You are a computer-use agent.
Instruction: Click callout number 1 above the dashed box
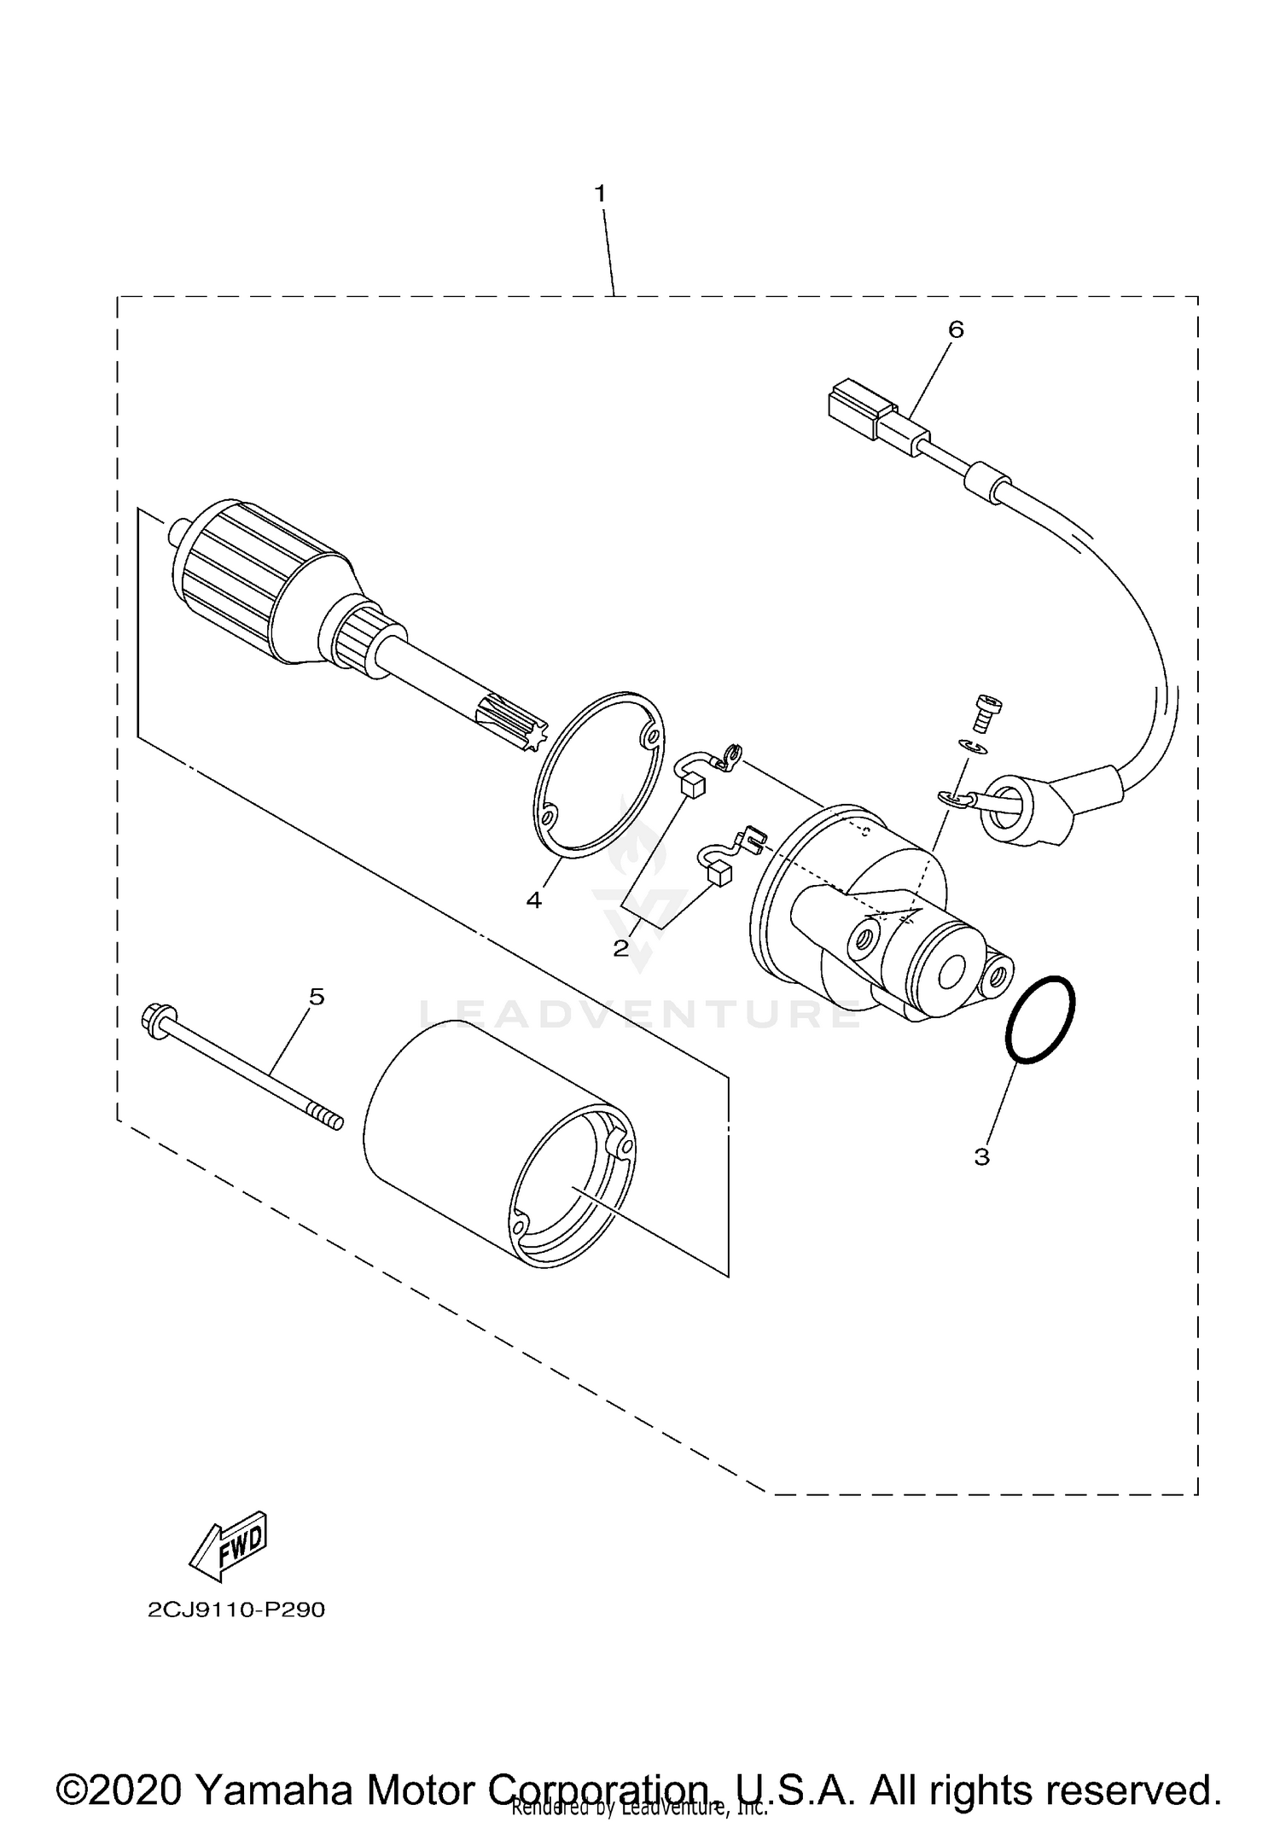(600, 195)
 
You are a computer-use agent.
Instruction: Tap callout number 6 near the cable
(956, 329)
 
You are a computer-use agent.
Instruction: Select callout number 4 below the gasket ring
(534, 899)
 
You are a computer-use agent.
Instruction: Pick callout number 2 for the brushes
(621, 947)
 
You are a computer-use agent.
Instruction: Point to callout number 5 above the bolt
(317, 996)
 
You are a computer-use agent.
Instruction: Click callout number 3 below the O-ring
(981, 1157)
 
